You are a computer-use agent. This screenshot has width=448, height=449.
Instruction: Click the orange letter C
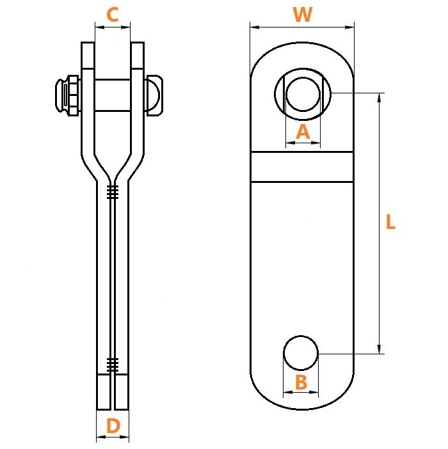[x=113, y=15]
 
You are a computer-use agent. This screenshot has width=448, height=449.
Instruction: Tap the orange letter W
[x=303, y=14]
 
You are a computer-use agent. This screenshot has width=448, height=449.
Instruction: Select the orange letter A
[x=303, y=132]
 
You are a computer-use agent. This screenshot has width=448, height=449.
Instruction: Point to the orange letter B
[x=301, y=382]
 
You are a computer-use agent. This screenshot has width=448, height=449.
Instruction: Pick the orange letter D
[x=113, y=426]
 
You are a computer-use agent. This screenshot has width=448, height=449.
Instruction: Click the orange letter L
[x=390, y=222]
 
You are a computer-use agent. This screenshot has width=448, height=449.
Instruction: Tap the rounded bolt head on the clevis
[x=155, y=95]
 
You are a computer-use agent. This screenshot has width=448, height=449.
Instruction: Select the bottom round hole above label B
[x=301, y=353]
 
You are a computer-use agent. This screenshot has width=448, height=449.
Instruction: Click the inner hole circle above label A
[x=303, y=94]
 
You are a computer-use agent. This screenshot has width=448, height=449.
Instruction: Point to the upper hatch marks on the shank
[x=113, y=192]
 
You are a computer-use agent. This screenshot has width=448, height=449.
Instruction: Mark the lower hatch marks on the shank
[x=113, y=365]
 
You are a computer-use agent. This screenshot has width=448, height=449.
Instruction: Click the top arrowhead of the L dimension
[x=380, y=98]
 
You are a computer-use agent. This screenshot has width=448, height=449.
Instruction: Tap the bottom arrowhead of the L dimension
[x=380, y=349]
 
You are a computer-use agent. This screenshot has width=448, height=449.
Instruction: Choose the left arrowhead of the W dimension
[x=255, y=28]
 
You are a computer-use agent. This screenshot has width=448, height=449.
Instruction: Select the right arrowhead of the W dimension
[x=349, y=28]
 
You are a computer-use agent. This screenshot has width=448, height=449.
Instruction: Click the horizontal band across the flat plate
[x=302, y=167]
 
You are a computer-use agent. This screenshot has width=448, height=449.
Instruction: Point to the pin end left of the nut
[x=60, y=95]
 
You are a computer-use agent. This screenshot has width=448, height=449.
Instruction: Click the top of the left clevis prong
[x=88, y=43]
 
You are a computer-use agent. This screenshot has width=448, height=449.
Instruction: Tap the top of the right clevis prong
[x=138, y=43]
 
